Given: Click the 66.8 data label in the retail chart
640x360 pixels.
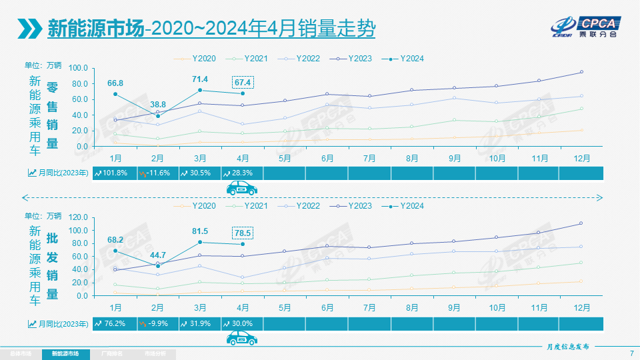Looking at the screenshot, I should pos(115,83).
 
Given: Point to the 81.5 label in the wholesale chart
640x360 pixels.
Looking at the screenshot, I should pos(200,231).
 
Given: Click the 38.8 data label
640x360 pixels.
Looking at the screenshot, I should pos(158,105).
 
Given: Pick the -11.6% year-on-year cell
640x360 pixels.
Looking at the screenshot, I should pos(156,173).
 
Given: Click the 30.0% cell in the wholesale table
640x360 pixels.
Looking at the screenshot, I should pos(241,324).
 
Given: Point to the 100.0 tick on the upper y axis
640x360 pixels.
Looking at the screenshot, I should pos(79,68).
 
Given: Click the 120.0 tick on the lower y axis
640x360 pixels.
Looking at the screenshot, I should pos(79,217).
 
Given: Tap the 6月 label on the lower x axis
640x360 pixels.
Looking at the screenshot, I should pos(327,308).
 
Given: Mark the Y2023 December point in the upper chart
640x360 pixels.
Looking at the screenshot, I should pos(581,72).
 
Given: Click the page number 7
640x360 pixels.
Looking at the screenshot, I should pos(631,353).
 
